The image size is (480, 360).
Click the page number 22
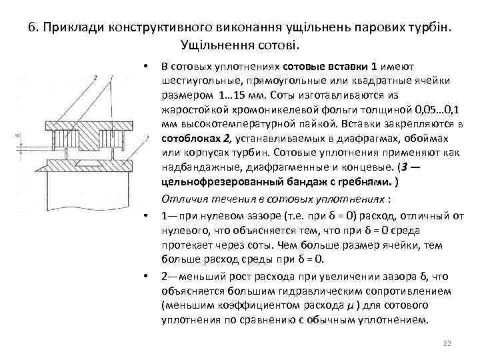[447, 343]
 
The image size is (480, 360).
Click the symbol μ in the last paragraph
[351, 306]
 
